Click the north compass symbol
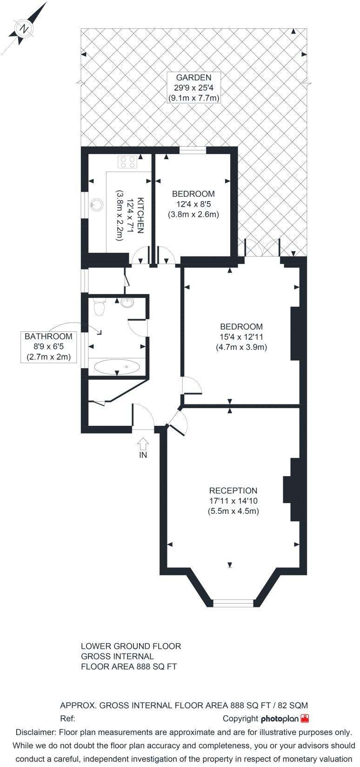(25, 29)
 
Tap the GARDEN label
(193, 77)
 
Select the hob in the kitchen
(127, 162)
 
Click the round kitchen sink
(97, 205)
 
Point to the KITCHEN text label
(140, 215)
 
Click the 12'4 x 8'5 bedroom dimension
(193, 204)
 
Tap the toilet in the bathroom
(99, 307)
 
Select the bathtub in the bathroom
(117, 367)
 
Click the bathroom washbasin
(127, 303)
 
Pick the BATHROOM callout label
(48, 347)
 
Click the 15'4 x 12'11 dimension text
(241, 337)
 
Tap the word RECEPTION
(233, 491)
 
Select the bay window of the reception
(233, 603)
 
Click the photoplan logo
(285, 719)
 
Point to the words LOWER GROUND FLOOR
(131, 646)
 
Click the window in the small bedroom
(193, 150)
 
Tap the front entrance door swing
(143, 417)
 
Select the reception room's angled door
(178, 424)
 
